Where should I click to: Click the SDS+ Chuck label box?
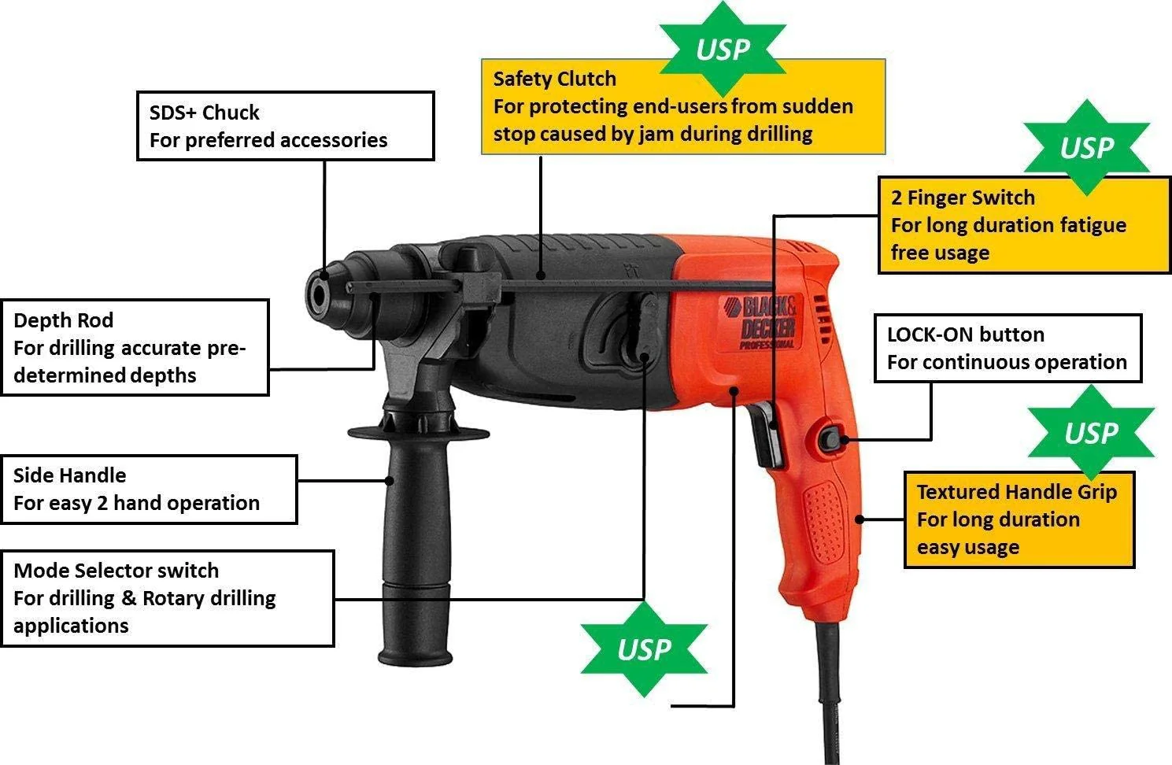click(285, 126)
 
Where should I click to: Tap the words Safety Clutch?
click(554, 79)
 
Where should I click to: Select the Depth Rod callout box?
click(135, 347)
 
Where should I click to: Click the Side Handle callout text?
click(136, 489)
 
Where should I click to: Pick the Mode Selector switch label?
click(116, 571)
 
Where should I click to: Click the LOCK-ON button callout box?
click(1007, 349)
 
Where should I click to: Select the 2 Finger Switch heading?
click(962, 198)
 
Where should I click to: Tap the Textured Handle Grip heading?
click(1016, 492)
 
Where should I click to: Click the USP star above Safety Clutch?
click(722, 49)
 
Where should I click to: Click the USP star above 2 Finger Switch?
click(1086, 147)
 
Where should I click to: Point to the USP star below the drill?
click(644, 649)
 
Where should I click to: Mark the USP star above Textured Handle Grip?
click(1091, 432)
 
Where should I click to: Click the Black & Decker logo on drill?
click(767, 323)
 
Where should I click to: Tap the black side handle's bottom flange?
click(415, 655)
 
